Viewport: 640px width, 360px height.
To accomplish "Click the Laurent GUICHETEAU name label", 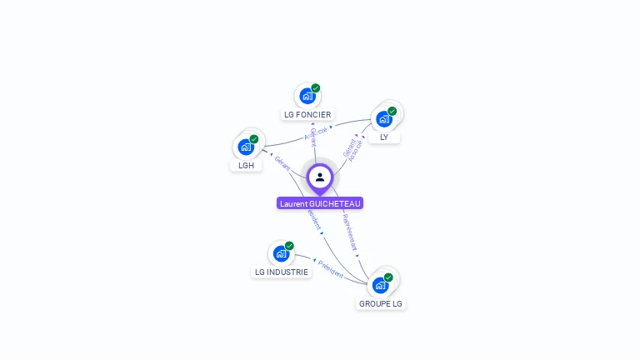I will (x=320, y=203).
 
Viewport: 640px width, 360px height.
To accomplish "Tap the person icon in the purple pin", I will (x=320, y=177).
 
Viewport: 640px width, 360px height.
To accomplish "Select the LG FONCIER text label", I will (x=307, y=114).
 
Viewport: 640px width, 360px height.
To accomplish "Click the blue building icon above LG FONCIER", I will (x=307, y=96).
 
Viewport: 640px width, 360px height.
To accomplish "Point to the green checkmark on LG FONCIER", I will (x=316, y=88).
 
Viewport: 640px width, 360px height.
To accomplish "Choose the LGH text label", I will (x=246, y=165).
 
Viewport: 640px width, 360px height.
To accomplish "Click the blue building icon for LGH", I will (x=246, y=147).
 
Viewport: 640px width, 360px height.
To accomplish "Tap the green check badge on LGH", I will (x=254, y=139).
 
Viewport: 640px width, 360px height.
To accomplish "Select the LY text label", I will (x=384, y=137).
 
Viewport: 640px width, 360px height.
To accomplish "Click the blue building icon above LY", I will (x=383, y=118).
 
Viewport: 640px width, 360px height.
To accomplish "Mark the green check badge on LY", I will (x=392, y=111).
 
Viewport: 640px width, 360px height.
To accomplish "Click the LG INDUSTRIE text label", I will (x=281, y=272).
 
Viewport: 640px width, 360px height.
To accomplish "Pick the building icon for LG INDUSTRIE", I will (x=281, y=253).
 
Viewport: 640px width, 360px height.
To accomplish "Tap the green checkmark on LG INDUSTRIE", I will (x=289, y=246).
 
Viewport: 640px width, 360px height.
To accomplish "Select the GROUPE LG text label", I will (x=381, y=303).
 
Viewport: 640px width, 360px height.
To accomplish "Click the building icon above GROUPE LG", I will (x=380, y=285).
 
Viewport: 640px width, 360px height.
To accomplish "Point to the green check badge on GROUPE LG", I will (x=388, y=277).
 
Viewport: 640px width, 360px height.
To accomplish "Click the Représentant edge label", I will (x=350, y=232).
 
